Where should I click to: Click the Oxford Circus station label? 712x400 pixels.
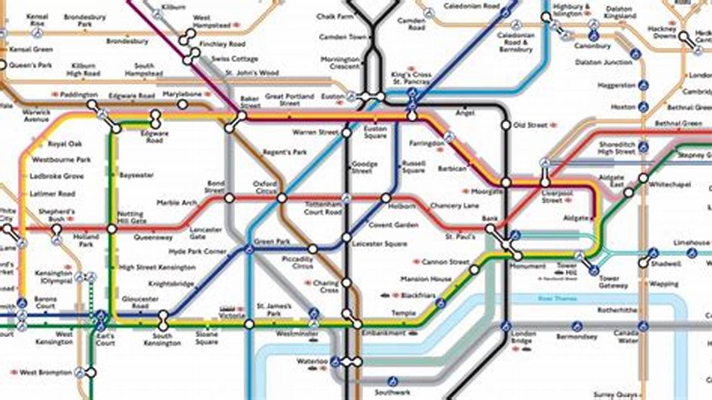point(265,187)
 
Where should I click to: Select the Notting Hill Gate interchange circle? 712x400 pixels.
point(112,228)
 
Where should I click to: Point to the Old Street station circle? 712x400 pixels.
point(506,126)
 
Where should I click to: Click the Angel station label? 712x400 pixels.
point(465,113)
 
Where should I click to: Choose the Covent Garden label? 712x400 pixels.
point(393,225)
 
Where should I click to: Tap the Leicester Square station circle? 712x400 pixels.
point(347,237)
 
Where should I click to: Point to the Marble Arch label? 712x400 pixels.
point(176,203)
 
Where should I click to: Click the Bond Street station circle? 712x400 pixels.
point(229,198)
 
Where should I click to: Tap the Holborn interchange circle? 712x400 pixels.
point(386,198)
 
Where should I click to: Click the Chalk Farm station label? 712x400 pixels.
point(335,17)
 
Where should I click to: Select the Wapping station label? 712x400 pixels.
point(664,284)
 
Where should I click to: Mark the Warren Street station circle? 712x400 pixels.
point(347,133)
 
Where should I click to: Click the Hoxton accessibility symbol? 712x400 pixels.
point(644,107)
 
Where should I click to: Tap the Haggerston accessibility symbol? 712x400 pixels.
point(644,86)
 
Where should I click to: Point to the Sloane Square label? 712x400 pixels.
point(206,338)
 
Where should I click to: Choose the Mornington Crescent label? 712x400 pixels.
point(340,63)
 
